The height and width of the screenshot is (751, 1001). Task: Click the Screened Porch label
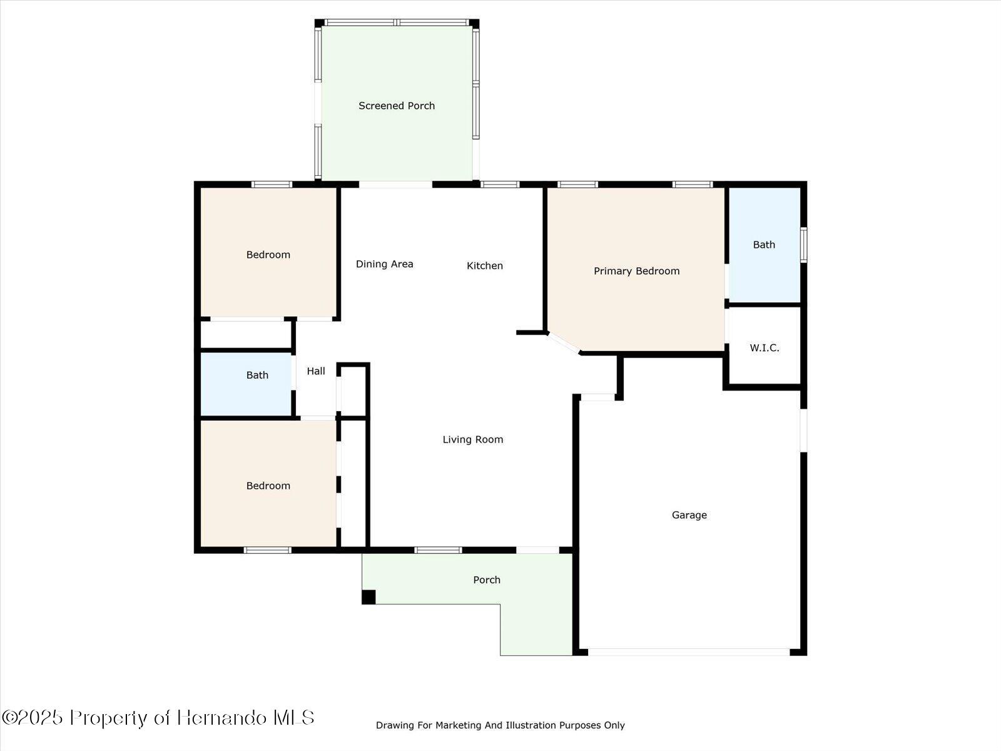click(x=397, y=106)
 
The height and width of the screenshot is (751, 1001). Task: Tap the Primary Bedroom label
click(x=636, y=271)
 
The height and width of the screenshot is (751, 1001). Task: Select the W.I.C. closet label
click(x=764, y=348)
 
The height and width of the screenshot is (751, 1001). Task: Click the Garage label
click(x=689, y=515)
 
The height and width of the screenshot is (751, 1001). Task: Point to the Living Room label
click(x=472, y=439)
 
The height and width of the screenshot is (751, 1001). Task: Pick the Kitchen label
click(x=484, y=266)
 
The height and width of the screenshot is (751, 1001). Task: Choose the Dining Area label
click(x=384, y=264)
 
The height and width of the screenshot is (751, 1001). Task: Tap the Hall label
click(x=316, y=371)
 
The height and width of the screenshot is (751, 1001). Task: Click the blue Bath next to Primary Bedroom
click(x=764, y=245)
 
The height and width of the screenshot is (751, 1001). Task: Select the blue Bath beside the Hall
click(x=257, y=375)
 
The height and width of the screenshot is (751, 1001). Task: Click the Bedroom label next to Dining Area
click(x=268, y=255)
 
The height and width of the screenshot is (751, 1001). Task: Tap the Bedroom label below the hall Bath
click(x=268, y=486)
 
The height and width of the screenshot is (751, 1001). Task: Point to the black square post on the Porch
click(x=368, y=597)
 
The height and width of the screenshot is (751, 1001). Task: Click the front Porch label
click(x=487, y=580)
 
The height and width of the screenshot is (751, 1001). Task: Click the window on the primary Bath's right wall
click(x=804, y=245)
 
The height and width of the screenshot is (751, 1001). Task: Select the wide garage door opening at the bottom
click(x=689, y=652)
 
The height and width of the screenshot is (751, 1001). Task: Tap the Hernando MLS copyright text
click(x=158, y=717)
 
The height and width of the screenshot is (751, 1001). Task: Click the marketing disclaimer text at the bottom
click(x=500, y=725)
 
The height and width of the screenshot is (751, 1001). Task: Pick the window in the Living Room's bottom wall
click(x=438, y=550)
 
